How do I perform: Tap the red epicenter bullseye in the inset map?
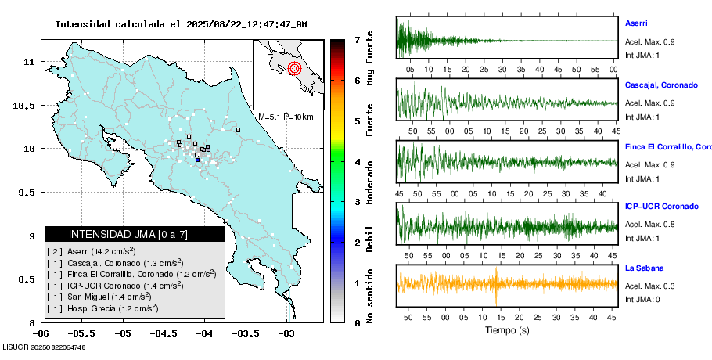click(294, 68)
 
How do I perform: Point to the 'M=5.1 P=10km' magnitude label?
click(286, 117)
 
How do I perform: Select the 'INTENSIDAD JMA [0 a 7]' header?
click(128, 234)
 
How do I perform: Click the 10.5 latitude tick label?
click(30, 105)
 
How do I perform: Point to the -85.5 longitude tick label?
click(81, 333)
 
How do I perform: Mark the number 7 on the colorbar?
click(357, 39)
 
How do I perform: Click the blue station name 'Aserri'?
click(636, 23)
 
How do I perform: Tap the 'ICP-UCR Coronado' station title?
click(661, 207)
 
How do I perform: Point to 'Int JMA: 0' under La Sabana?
click(642, 300)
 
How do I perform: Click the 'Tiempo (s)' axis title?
click(507, 330)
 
